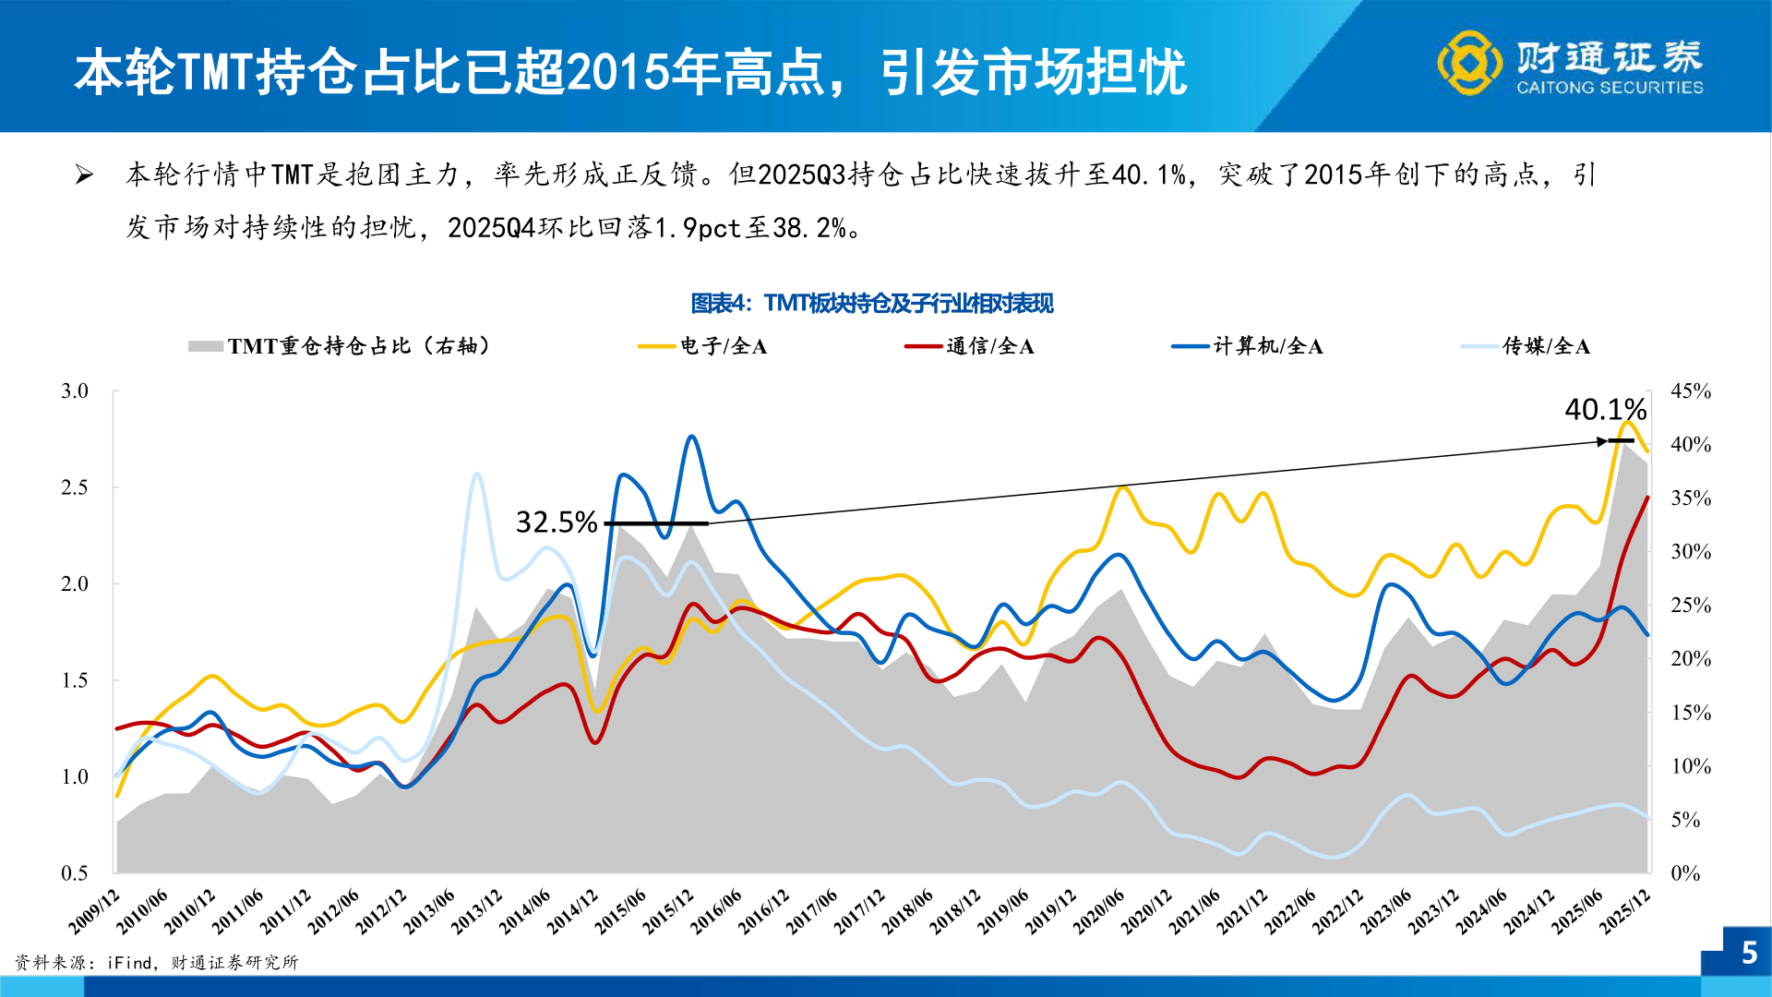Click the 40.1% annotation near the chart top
(1605, 409)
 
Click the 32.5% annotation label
(557, 523)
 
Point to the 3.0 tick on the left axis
(75, 391)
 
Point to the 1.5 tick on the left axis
(75, 680)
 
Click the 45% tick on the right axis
(1691, 391)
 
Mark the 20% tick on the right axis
(1691, 659)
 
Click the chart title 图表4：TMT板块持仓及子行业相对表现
(872, 303)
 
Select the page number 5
(1749, 953)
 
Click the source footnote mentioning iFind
(157, 963)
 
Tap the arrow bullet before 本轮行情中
(84, 174)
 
